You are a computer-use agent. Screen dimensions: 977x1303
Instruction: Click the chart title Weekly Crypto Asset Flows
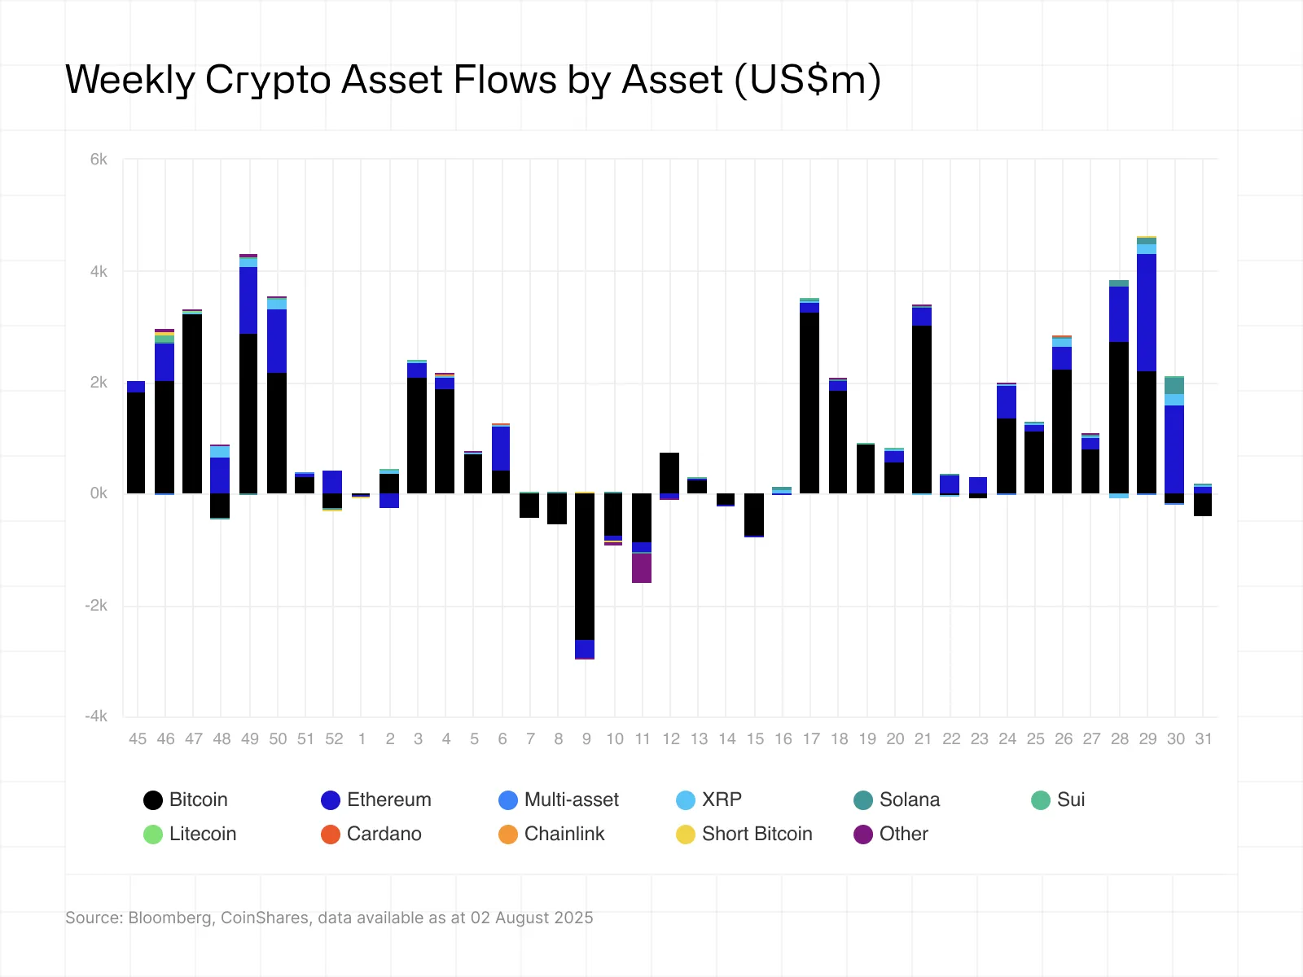(x=472, y=80)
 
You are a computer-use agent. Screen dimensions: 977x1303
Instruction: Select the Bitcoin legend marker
(x=153, y=800)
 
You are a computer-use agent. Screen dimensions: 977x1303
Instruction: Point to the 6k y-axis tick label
(x=99, y=160)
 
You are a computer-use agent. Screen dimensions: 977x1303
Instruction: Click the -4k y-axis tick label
(x=96, y=716)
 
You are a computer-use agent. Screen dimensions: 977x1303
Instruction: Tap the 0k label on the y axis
(x=99, y=493)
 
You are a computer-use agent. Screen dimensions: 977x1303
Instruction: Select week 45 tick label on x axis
(x=138, y=739)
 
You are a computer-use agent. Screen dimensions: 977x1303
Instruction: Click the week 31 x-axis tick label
(x=1204, y=739)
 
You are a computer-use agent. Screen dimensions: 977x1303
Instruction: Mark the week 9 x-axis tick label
(x=586, y=739)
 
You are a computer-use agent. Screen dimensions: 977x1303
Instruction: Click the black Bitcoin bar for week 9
(x=585, y=566)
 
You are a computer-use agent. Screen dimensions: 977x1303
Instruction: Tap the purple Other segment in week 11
(x=642, y=568)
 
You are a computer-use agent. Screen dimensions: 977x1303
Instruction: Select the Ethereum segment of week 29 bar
(x=1147, y=313)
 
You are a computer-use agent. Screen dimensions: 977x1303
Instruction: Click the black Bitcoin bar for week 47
(x=193, y=404)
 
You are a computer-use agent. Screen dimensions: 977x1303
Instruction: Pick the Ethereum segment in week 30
(x=1174, y=449)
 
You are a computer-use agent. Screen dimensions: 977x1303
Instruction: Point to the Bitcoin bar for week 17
(x=809, y=403)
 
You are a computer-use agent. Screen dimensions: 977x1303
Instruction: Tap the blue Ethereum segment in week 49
(x=249, y=300)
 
